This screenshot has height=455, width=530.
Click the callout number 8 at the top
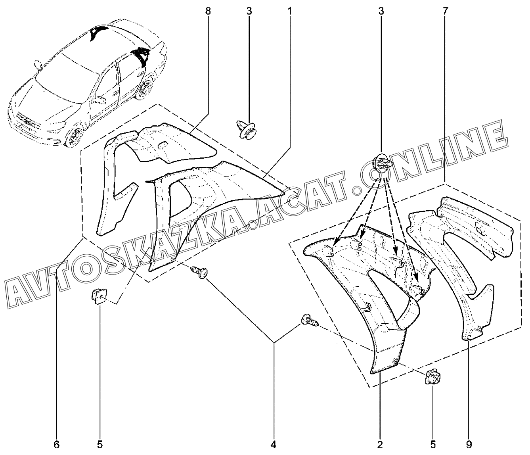tap(208, 11)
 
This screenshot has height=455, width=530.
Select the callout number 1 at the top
tap(290, 11)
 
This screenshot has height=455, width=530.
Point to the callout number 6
tap(57, 444)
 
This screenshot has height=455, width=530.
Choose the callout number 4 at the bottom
tap(273, 444)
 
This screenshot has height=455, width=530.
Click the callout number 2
tap(380, 444)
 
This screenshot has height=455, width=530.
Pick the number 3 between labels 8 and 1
tap(249, 11)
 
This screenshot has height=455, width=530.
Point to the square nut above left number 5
tap(99, 296)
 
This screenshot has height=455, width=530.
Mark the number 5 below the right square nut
tap(433, 444)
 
